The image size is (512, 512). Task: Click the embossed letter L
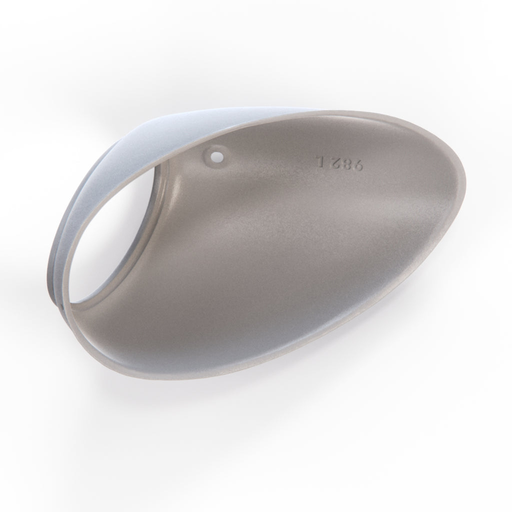coord(319,159)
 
